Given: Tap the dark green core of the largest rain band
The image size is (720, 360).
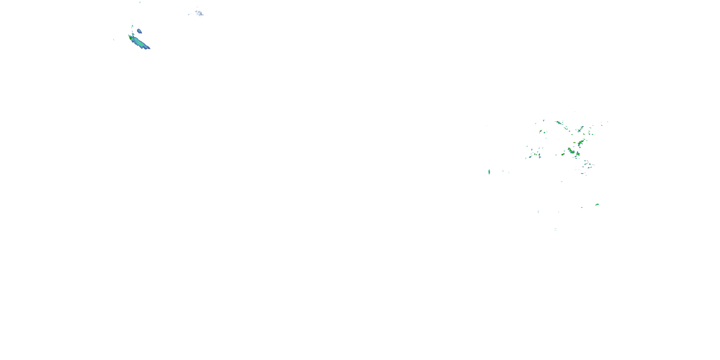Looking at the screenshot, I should [130, 37].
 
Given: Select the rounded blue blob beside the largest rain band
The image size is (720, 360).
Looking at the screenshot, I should [139, 31].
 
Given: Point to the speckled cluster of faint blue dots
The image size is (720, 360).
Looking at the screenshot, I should [199, 13].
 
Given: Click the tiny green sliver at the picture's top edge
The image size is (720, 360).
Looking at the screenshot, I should [140, 2].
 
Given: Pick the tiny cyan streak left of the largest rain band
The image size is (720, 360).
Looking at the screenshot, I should [114, 39].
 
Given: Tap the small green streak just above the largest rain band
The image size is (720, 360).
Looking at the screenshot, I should [132, 26].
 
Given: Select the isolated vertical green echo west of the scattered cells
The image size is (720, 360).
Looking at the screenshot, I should [489, 172].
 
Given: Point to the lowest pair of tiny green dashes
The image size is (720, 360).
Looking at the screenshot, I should [555, 229].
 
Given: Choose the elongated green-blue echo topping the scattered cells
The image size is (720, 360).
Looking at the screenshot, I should [559, 122].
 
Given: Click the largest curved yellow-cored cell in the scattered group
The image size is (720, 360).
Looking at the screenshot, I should [570, 151].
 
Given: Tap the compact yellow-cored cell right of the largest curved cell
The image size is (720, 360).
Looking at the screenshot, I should [578, 154].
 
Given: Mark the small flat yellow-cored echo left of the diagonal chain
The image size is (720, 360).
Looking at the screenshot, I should [574, 143].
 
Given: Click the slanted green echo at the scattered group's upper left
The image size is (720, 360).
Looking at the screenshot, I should [540, 131].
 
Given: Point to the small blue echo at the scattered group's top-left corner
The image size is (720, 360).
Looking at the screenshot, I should [543, 120].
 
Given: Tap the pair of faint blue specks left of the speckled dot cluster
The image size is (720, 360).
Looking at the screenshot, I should [189, 14].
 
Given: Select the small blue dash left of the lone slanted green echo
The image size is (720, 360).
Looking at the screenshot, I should [582, 207].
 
